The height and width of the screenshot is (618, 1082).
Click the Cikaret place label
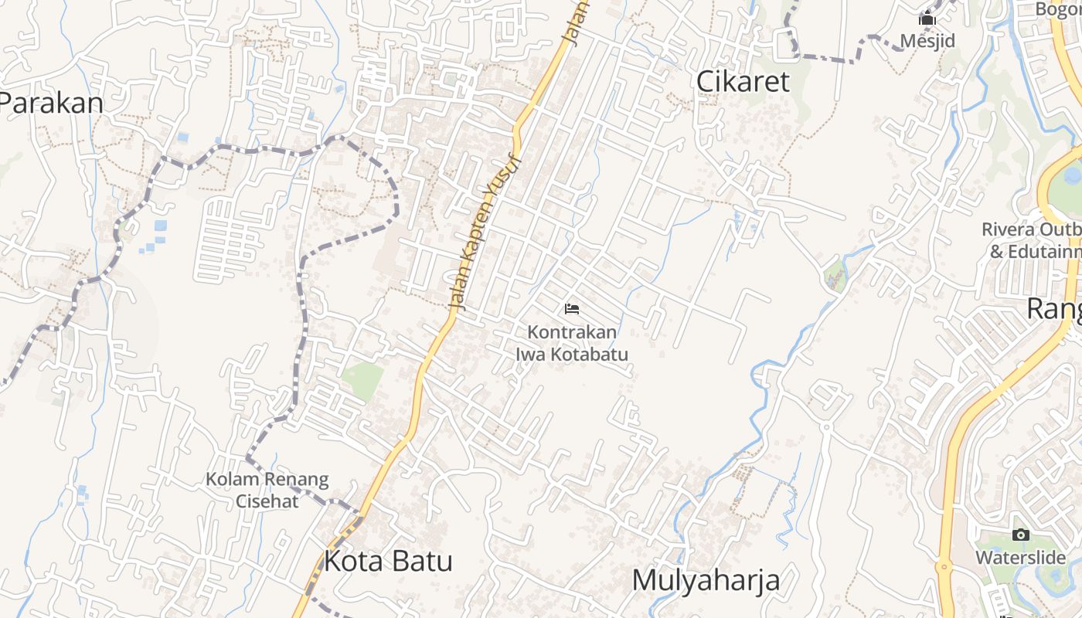[743, 81]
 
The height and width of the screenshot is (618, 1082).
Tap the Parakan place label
[51, 103]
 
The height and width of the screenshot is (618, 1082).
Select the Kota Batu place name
[387, 561]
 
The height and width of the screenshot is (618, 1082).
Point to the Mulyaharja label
[706, 580]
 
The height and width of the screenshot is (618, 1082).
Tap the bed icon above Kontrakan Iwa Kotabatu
[572, 309]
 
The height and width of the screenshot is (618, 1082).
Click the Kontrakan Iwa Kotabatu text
[572, 343]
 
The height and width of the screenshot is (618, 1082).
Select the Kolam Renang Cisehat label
[267, 490]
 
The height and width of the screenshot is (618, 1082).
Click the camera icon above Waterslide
[1020, 535]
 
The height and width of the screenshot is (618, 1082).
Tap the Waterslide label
[1020, 557]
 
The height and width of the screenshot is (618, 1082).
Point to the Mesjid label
[927, 40]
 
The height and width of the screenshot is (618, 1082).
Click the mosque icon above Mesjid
[927, 19]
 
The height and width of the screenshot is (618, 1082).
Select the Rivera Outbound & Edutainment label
[1032, 240]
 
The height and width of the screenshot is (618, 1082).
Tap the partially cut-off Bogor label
[1059, 9]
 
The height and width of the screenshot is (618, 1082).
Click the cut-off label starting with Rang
[1054, 308]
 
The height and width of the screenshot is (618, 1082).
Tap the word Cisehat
[267, 500]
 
